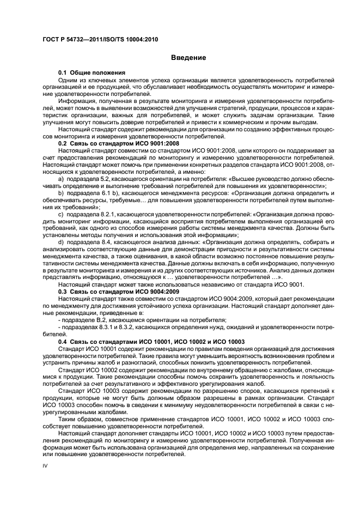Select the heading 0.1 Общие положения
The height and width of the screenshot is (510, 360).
click(x=92, y=72)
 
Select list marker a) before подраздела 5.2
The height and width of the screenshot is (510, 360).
click(x=61, y=179)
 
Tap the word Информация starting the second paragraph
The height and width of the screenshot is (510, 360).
click(x=78, y=101)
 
